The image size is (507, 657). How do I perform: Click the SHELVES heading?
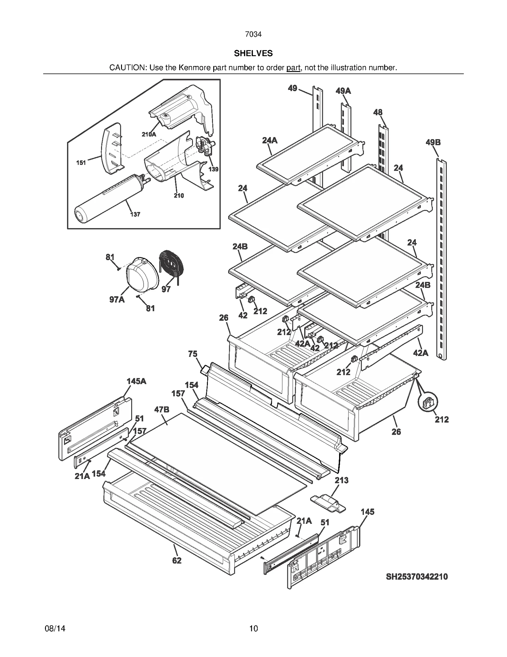[253, 53]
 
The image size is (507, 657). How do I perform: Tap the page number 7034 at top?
[253, 34]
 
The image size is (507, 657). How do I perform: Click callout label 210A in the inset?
[149, 134]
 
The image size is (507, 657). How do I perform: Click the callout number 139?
[213, 169]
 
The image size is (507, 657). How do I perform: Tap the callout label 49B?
[433, 142]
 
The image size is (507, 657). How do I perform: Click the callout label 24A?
[270, 140]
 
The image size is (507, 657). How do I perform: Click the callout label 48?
[378, 112]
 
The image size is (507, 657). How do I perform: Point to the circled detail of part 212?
[428, 402]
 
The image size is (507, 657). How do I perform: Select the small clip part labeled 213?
[328, 503]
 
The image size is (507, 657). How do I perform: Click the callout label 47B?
[162, 410]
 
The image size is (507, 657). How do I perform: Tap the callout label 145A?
[136, 381]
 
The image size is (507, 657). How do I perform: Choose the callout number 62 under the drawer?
[177, 561]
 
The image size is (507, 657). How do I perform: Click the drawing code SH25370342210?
[417, 576]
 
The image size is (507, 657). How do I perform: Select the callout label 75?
[193, 354]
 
